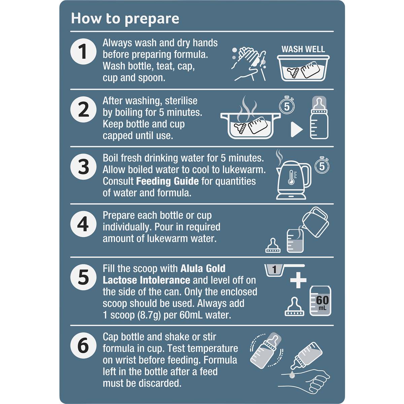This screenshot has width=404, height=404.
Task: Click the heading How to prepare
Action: [125, 19]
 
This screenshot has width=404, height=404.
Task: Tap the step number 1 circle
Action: [83, 52]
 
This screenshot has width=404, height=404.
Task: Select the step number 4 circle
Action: [83, 224]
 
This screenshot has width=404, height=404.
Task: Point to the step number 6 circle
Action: [83, 345]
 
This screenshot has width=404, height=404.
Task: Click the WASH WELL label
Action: [303, 49]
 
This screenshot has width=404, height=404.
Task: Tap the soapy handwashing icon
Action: [249, 64]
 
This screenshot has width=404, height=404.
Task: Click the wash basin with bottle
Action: [303, 68]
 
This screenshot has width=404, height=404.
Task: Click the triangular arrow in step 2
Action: [297, 130]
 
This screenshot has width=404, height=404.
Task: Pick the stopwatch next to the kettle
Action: [322, 165]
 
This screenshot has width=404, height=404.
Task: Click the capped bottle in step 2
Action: [319, 117]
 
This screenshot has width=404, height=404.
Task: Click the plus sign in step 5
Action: [298, 280]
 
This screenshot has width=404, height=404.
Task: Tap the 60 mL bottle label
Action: [323, 302]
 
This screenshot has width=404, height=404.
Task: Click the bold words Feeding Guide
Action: [167, 181]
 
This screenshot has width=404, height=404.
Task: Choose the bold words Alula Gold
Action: [203, 269]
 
